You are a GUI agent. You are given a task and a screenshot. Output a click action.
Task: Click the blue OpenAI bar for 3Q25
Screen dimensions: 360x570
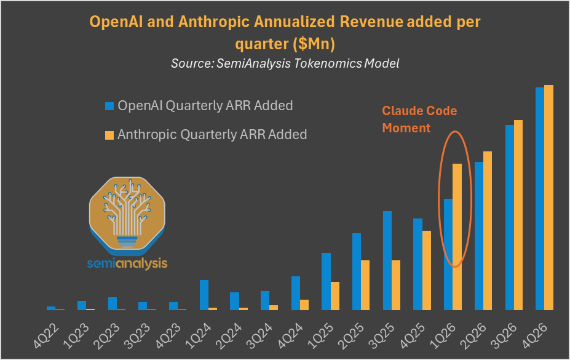click(x=387, y=260)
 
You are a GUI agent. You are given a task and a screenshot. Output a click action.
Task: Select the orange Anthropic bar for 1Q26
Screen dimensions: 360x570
click(x=457, y=236)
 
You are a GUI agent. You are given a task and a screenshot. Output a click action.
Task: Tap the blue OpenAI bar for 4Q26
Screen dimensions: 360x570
click(x=540, y=198)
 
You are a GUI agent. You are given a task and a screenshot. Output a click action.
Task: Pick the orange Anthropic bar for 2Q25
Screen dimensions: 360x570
click(x=365, y=285)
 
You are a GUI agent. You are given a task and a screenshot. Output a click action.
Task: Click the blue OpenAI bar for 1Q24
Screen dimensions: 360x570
click(x=204, y=295)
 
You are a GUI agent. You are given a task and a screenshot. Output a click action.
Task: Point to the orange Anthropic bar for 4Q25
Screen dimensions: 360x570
click(x=427, y=270)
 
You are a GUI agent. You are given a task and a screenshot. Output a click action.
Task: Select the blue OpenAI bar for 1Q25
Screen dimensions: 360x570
click(x=327, y=281)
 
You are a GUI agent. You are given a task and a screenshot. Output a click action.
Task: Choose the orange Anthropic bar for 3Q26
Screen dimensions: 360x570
click(x=518, y=215)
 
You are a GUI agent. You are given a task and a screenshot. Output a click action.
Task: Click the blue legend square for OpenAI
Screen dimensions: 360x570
click(x=109, y=106)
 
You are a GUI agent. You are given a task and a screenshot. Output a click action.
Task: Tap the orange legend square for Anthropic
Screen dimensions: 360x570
click(x=109, y=135)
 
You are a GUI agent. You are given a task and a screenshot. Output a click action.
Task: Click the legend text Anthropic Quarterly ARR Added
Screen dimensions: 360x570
click(x=212, y=134)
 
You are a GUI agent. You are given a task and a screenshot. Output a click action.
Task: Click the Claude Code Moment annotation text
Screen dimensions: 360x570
click(x=419, y=119)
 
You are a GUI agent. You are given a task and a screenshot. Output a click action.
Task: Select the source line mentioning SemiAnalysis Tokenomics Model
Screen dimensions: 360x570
click(x=285, y=63)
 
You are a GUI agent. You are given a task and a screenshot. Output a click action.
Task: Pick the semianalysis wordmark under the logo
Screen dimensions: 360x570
click(x=127, y=263)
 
